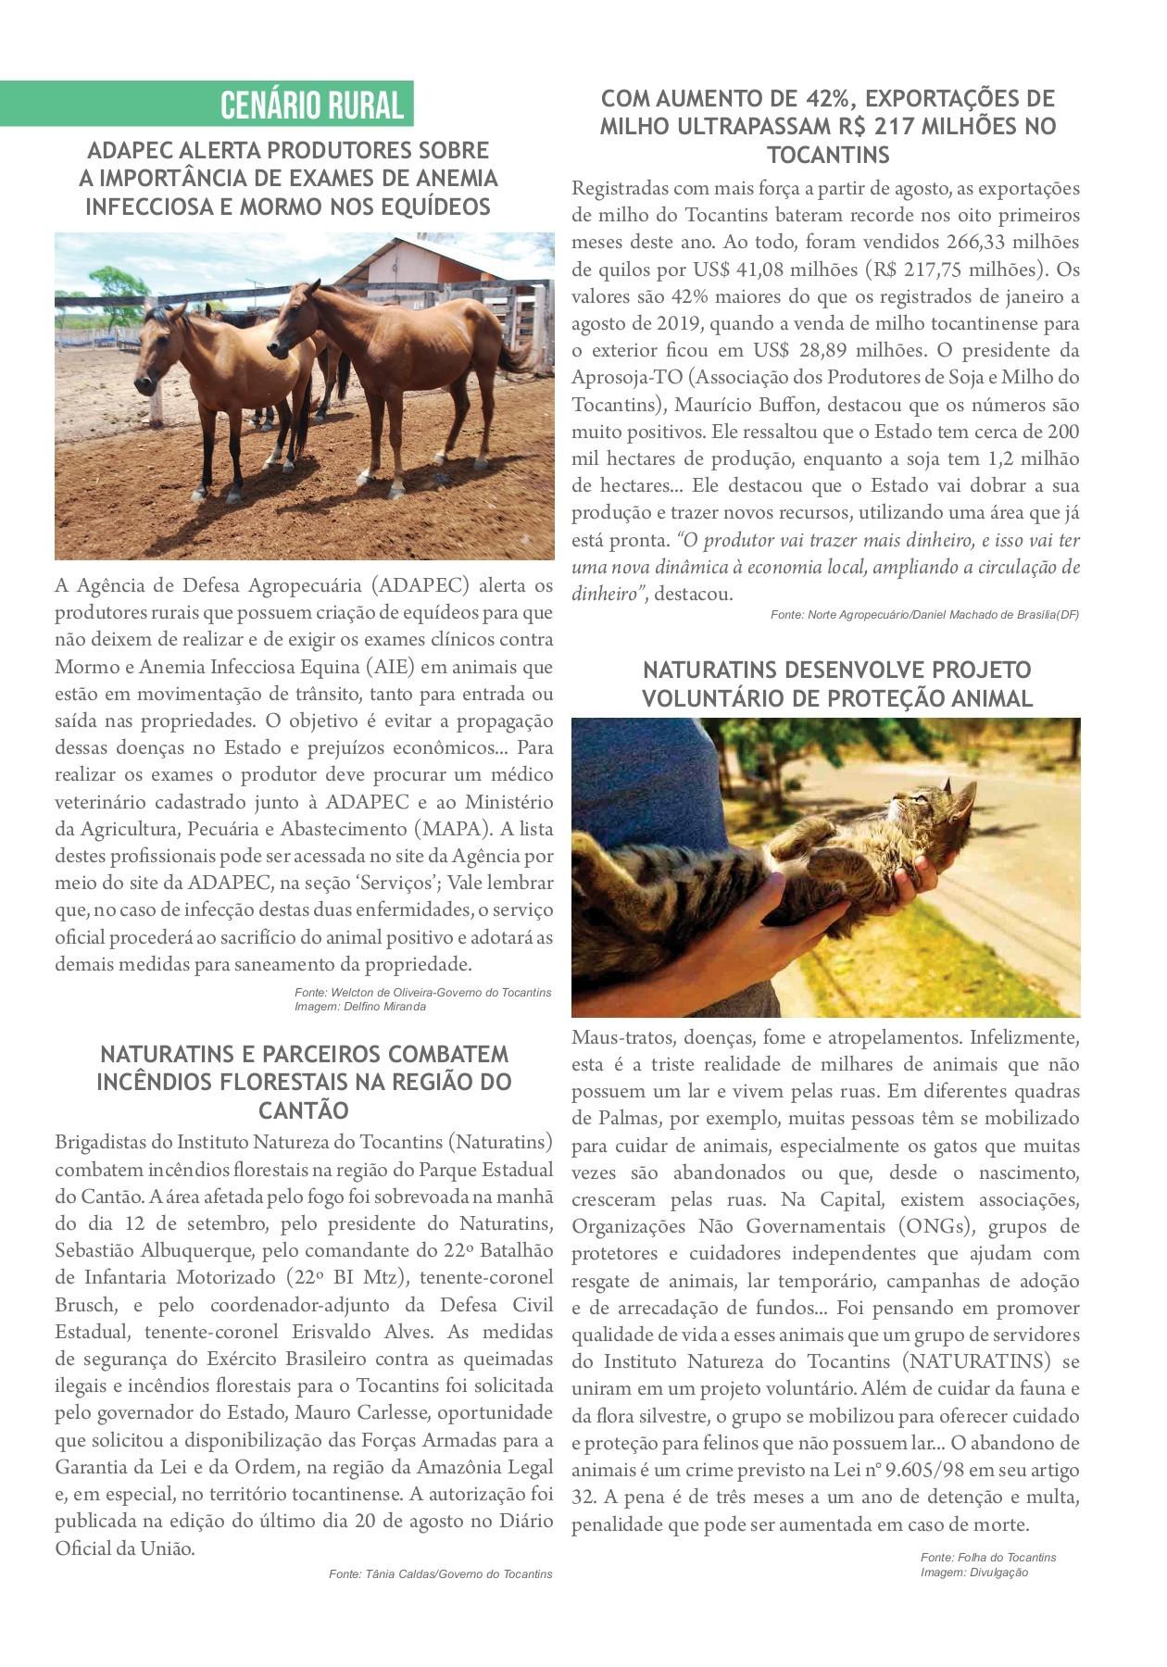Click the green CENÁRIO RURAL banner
click(x=311, y=105)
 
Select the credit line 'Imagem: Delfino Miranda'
click(x=360, y=1007)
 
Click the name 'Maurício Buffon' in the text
click(x=746, y=405)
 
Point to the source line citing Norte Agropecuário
click(x=923, y=615)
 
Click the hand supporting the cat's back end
click(x=926, y=875)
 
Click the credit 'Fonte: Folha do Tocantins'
click(x=987, y=1558)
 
